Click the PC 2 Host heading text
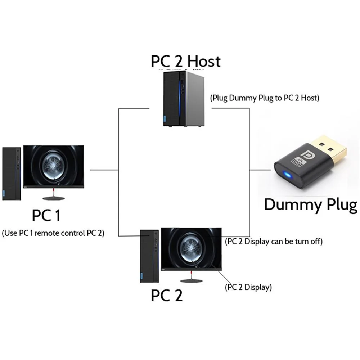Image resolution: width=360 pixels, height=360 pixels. (x=185, y=61)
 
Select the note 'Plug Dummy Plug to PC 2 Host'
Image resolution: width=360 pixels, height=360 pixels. (x=265, y=98)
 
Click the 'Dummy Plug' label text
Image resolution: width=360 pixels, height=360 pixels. (x=310, y=204)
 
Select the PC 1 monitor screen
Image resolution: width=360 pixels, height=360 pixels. (x=53, y=166)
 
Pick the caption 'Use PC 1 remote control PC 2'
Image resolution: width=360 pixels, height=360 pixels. (x=53, y=233)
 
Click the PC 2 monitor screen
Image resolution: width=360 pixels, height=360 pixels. (x=191, y=248)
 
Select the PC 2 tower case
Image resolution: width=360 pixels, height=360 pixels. (x=149, y=256)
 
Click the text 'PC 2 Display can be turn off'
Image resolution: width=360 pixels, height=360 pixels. (x=273, y=242)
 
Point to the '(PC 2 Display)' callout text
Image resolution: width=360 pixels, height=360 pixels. (x=248, y=287)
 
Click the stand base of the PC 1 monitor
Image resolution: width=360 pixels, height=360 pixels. (x=54, y=198)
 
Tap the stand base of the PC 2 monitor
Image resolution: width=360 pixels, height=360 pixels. (x=191, y=281)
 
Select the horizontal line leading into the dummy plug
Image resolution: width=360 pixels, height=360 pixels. (x=260, y=169)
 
